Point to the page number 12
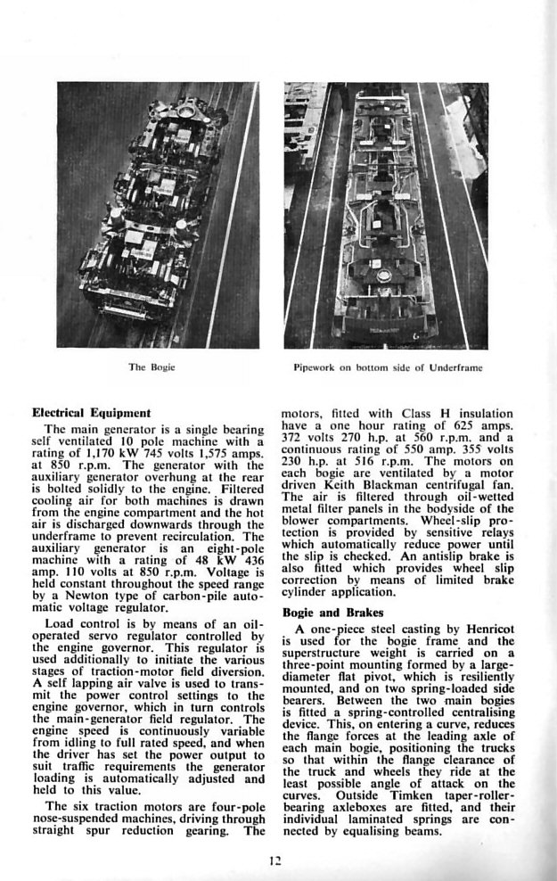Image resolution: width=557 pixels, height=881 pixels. click(277, 860)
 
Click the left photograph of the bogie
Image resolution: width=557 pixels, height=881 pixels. click(158, 214)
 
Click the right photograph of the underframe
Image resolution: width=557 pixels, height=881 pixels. click(386, 214)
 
